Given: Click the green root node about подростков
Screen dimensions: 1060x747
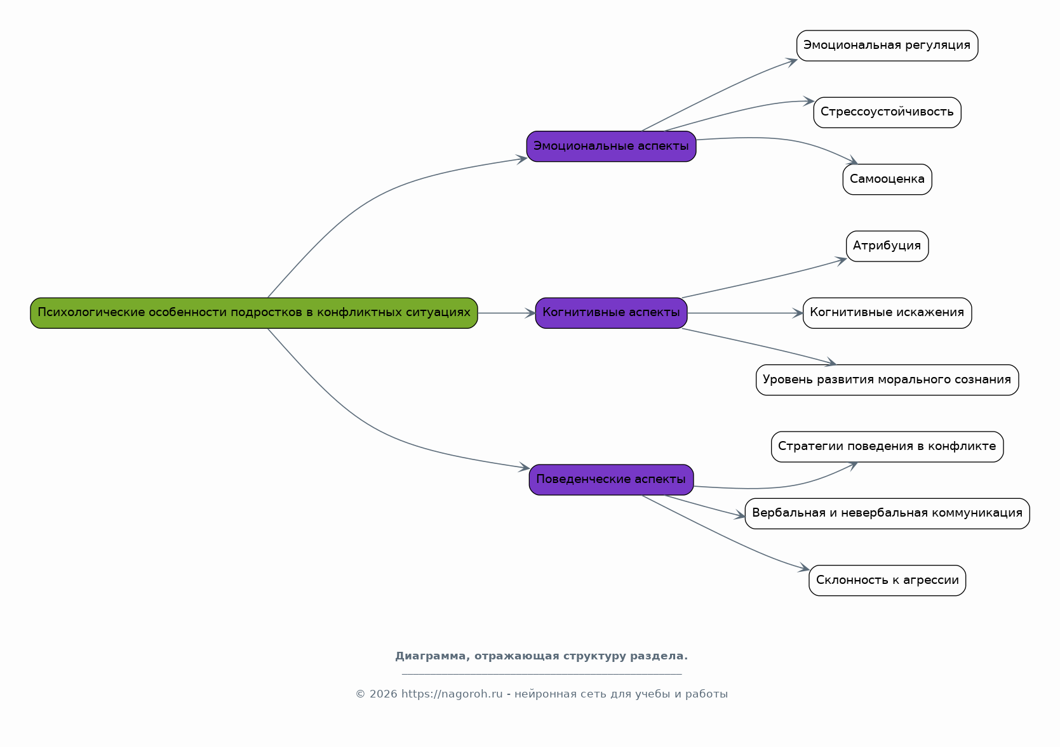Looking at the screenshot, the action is point(253,313).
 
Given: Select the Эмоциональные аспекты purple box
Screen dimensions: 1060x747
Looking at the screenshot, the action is point(611,147).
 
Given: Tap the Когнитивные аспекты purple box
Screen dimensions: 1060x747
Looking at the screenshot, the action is point(611,313).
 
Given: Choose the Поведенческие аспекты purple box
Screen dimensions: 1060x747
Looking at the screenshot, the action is point(611,480).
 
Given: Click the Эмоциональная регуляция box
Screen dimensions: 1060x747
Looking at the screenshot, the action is point(887,46).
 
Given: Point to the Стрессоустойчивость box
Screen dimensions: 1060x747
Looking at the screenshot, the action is point(887,112).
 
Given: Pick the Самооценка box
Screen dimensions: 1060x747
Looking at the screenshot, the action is point(887,180).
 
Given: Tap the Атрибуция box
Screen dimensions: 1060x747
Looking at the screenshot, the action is point(887,246).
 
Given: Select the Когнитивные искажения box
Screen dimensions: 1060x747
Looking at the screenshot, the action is point(887,313).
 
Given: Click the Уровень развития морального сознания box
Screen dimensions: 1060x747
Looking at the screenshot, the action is point(887,380).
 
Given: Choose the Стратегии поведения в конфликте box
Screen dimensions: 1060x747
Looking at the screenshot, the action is point(887,447).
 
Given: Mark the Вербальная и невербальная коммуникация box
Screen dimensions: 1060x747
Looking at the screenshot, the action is point(887,513).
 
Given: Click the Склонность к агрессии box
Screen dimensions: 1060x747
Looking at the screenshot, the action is point(887,581).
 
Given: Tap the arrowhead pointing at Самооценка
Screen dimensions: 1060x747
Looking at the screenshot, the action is point(853,161).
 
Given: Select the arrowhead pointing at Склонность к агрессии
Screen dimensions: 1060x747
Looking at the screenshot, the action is point(804,568).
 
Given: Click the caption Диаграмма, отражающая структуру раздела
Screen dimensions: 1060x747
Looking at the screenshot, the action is point(541,656).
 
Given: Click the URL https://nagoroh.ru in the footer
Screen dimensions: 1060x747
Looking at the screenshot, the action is point(452,694).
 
